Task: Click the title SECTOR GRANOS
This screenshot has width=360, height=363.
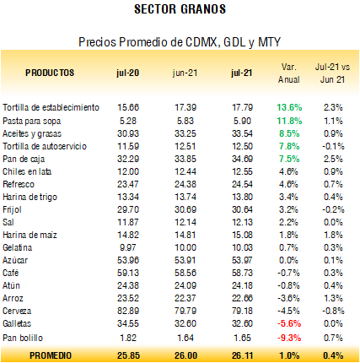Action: (180, 9)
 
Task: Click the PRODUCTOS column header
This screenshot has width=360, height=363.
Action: (50, 73)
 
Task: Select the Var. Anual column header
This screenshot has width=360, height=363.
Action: (289, 73)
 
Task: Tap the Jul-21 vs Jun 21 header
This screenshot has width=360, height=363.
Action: (332, 73)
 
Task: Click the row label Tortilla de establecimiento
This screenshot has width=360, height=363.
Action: (51, 107)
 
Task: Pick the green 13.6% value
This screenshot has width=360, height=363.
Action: (289, 107)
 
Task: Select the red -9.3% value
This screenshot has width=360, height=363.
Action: (289, 338)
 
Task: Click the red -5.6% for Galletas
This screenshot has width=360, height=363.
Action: (289, 323)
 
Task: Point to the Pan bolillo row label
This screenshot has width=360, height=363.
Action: (23, 338)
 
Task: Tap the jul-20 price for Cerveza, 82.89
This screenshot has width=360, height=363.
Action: (128, 311)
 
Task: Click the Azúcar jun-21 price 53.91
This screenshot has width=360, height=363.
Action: (185, 260)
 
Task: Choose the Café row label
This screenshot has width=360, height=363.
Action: (11, 273)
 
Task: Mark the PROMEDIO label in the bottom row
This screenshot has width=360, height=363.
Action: (51, 355)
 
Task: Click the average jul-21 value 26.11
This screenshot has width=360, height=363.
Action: (242, 355)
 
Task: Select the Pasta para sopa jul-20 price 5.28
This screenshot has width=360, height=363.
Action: (128, 121)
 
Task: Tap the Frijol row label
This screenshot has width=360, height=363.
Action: (12, 210)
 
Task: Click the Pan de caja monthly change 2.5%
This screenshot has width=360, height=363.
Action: (333, 159)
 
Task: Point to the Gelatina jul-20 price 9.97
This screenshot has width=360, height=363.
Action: (128, 247)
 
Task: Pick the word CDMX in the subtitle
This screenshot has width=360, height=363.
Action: (201, 42)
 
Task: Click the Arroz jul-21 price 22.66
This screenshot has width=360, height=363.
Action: (242, 298)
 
